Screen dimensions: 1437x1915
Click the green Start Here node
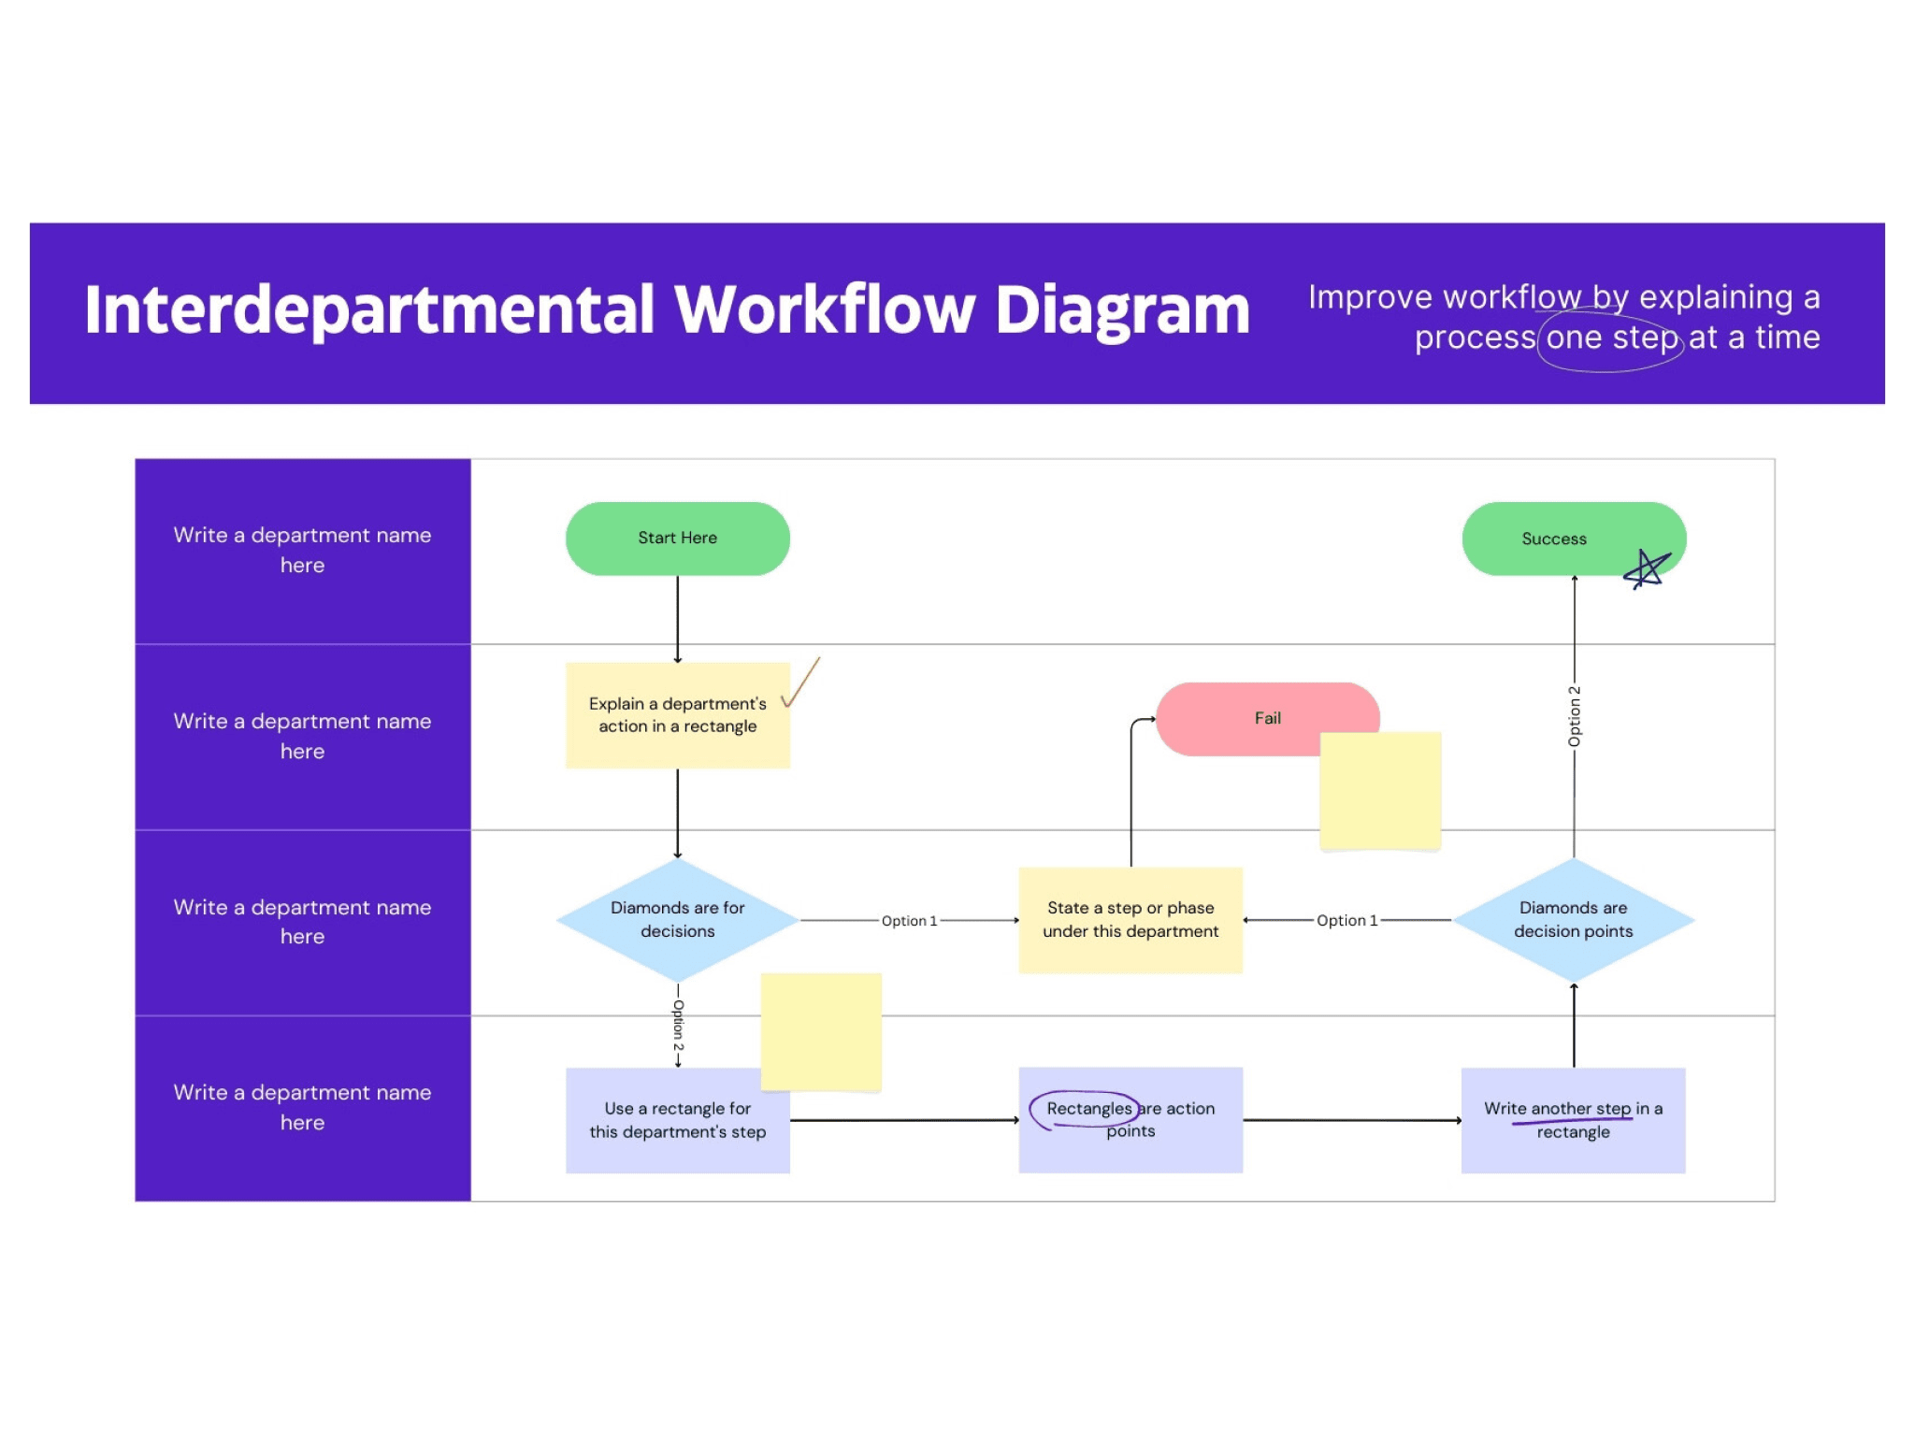click(677, 539)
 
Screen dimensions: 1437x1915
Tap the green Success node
click(1554, 539)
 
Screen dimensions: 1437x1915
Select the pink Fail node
click(1253, 718)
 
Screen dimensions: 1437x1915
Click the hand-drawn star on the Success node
click(1647, 568)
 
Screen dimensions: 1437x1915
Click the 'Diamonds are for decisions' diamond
click(677, 920)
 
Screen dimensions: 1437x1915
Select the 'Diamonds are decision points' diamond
click(1573, 920)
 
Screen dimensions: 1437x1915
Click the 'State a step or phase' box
click(1130, 920)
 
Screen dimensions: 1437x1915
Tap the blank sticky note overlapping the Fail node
click(1380, 791)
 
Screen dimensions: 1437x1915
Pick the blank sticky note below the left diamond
click(821, 1031)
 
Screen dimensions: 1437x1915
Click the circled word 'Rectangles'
click(1087, 1109)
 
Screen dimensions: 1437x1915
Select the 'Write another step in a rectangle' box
click(1573, 1120)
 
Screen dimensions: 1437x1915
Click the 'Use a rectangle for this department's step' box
click(677, 1120)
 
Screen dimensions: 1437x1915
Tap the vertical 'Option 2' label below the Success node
click(1575, 716)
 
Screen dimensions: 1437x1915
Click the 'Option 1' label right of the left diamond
click(909, 921)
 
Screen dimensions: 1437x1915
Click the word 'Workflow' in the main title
click(825, 309)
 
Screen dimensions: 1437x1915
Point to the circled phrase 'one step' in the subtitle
click(1611, 338)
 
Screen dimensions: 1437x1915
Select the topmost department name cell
click(302, 551)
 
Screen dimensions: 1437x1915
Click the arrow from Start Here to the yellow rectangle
click(677, 618)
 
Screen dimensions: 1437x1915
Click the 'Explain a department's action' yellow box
click(677, 715)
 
